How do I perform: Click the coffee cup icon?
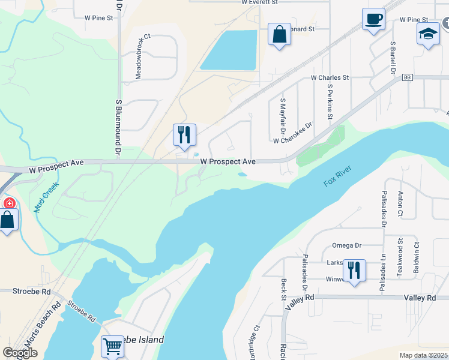click(x=373, y=20)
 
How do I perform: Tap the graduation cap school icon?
click(x=428, y=34)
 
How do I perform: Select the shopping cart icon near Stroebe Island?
click(x=113, y=347)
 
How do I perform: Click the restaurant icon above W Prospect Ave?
click(x=184, y=134)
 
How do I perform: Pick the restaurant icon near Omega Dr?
click(x=354, y=271)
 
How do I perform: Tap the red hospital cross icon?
click(x=9, y=203)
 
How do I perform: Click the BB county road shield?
click(x=408, y=78)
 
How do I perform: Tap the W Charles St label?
click(x=330, y=78)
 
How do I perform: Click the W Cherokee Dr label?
click(x=293, y=133)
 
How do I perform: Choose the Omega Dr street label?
click(x=346, y=245)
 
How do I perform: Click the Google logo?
click(x=20, y=352)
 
